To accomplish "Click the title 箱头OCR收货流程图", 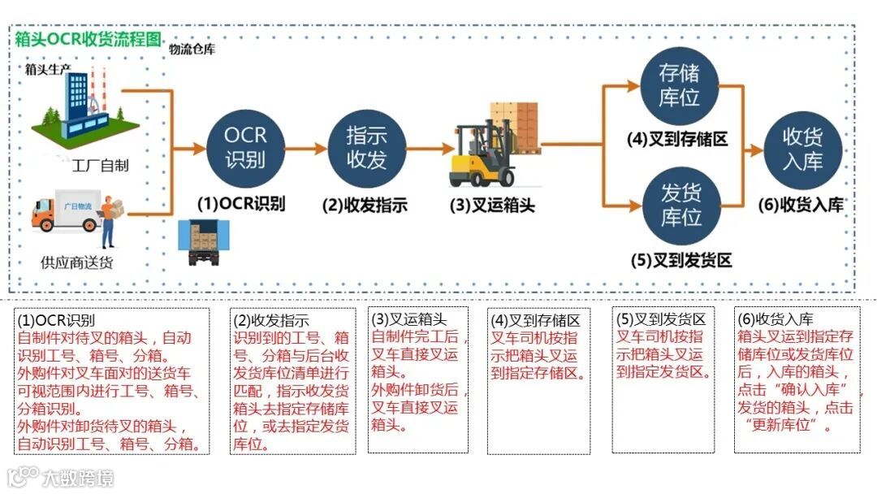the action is (x=89, y=41).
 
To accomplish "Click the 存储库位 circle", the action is (x=680, y=87).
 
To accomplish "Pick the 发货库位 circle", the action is (x=680, y=205).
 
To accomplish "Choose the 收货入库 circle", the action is (x=802, y=149).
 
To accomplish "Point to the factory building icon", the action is (x=81, y=106).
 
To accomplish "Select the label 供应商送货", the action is (x=77, y=262).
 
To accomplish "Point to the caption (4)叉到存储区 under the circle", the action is (x=677, y=139).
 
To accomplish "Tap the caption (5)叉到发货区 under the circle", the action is (x=681, y=261).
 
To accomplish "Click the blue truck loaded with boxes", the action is (x=204, y=241).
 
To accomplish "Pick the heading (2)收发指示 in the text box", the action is (x=271, y=321).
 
